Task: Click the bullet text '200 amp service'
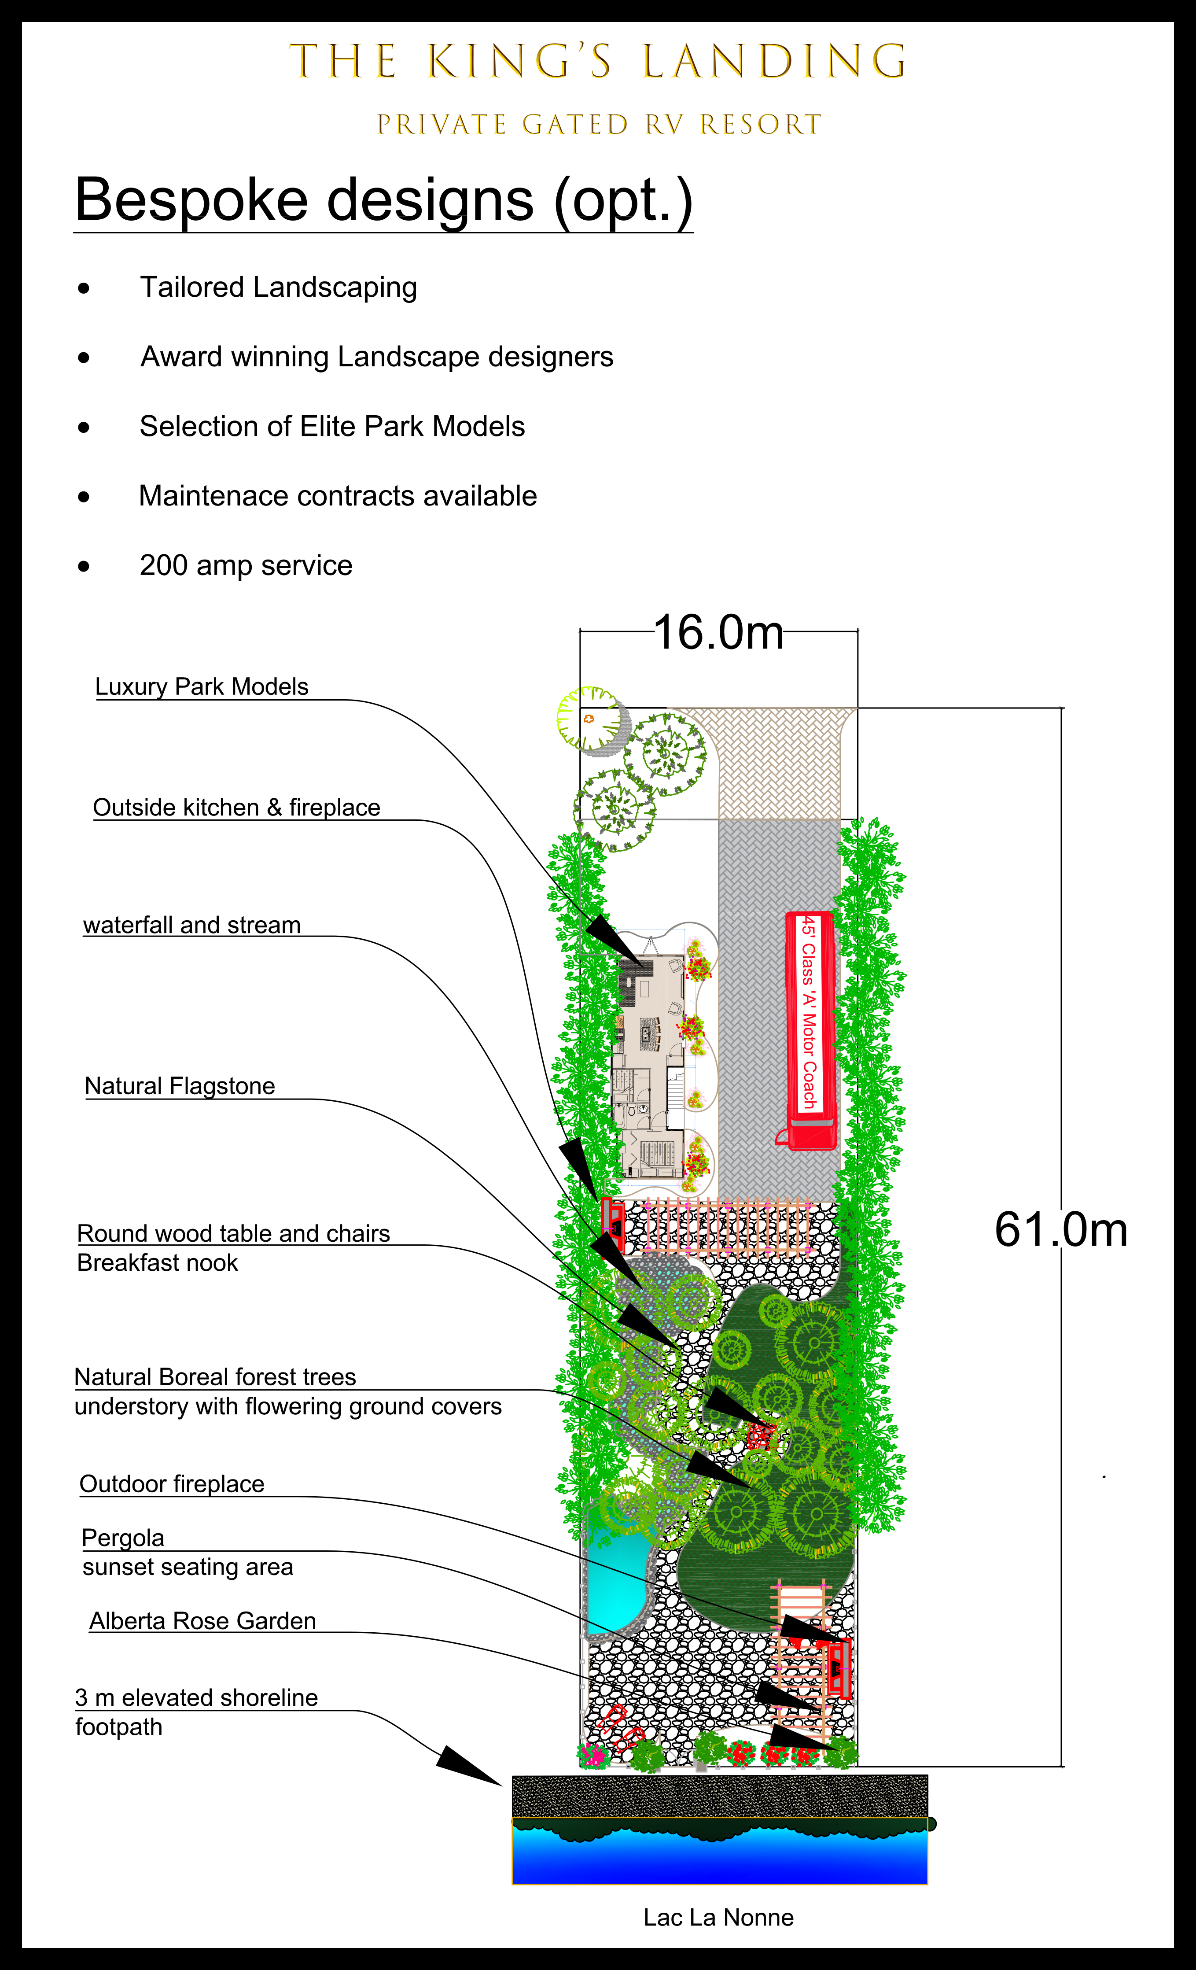pyautogui.click(x=246, y=565)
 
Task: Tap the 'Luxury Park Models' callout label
pyautogui.click(x=202, y=687)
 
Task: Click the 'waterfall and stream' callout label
pyautogui.click(x=192, y=925)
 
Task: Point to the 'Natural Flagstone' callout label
pyautogui.click(x=180, y=1086)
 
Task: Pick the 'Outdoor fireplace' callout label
pyautogui.click(x=172, y=1484)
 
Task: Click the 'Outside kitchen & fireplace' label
pyautogui.click(x=237, y=808)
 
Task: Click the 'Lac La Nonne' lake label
pyautogui.click(x=718, y=1917)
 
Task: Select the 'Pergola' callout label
pyautogui.click(x=123, y=1538)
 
